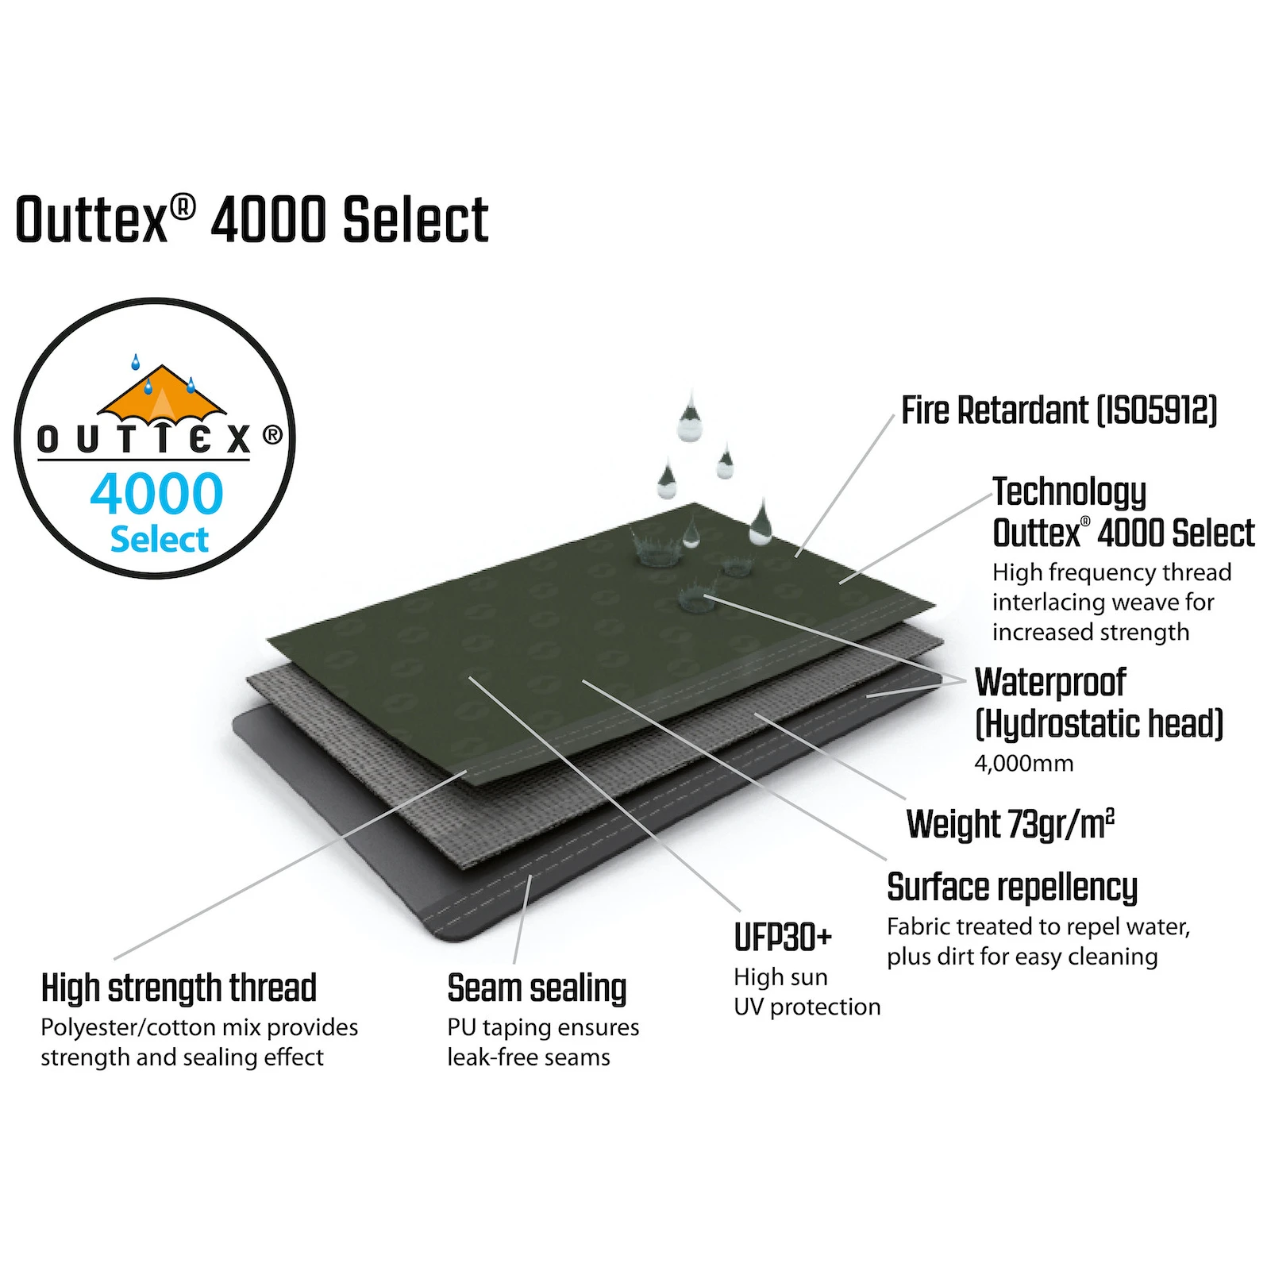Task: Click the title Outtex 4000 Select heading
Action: [x=252, y=220]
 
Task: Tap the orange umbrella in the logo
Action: [x=162, y=394]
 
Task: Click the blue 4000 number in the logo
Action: [x=156, y=494]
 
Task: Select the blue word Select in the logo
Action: [x=159, y=540]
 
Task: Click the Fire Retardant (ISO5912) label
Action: [x=1058, y=411]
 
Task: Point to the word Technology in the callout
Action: [x=1069, y=492]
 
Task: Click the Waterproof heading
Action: [x=1049, y=683]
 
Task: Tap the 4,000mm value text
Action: [x=1023, y=764]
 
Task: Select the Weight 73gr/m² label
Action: [x=1010, y=825]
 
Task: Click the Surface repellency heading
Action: [x=1012, y=888]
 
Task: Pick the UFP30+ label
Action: [x=782, y=938]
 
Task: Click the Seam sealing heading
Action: [x=537, y=989]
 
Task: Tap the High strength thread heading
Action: [x=179, y=989]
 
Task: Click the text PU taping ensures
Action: [x=543, y=1028]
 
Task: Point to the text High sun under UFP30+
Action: [x=780, y=977]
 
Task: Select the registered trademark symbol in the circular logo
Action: [x=272, y=435]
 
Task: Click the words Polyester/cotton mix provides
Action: [x=199, y=1028]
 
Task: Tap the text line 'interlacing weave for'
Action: [x=1103, y=603]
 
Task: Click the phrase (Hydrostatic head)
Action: [x=1099, y=724]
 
